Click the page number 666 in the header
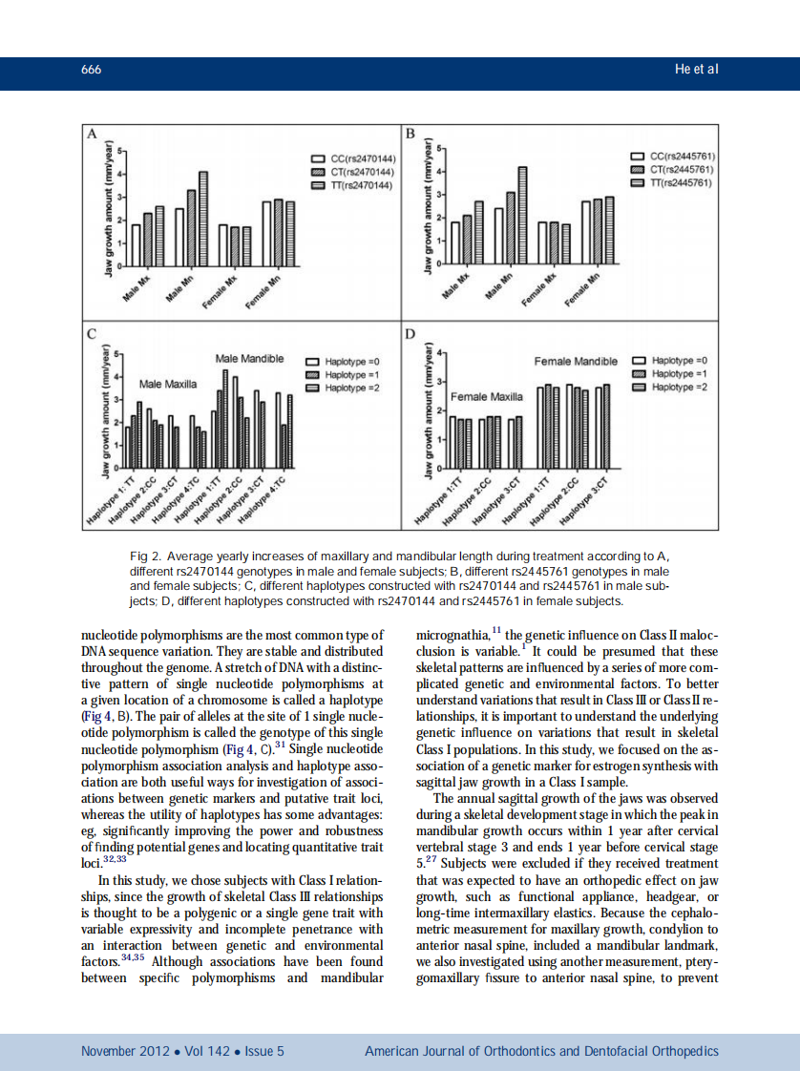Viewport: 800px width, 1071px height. coord(92,70)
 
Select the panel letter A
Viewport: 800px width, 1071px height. coord(92,134)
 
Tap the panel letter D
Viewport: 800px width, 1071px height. coord(411,334)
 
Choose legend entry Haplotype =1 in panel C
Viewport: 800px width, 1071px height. coord(352,375)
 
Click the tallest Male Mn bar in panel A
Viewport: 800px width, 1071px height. coord(202,219)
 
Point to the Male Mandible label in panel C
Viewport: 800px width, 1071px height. coord(249,359)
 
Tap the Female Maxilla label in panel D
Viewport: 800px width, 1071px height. coord(487,395)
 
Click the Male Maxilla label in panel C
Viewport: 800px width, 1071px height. coord(168,384)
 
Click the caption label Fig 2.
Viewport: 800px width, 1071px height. coord(144,556)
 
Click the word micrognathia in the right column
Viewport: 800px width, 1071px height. coord(453,636)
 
